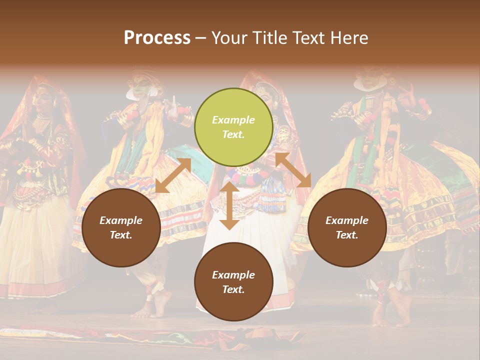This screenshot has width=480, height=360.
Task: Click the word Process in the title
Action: coord(157,38)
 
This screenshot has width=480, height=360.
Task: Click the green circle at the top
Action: coord(233,127)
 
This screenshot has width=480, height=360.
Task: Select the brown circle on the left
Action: coord(121,227)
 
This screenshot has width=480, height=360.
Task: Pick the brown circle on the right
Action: coord(347,227)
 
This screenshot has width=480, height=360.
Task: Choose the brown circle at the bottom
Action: coord(233,282)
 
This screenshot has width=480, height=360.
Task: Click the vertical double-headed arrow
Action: coord(229,205)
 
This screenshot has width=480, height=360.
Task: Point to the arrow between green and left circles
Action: coord(173,175)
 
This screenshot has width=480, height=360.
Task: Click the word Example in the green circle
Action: coord(233,120)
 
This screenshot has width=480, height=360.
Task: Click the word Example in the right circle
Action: coord(347,220)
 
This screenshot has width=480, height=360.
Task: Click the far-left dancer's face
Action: coord(44,99)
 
